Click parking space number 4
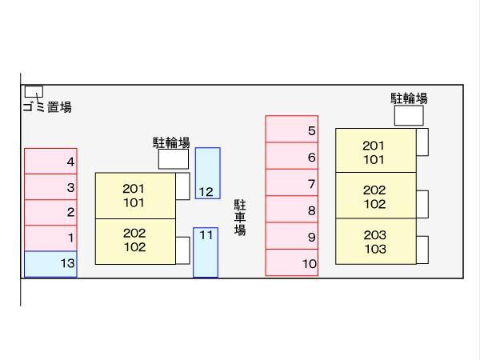50,161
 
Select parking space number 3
50,187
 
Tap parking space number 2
50,212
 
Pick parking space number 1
50,238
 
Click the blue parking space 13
50,263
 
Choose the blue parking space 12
207,173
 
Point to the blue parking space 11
206,252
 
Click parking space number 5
291,130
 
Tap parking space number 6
291,156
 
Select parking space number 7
291,182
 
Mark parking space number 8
291,210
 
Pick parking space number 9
291,236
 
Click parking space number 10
291,262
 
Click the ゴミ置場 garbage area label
47,107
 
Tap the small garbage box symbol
33,91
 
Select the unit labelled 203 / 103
375,242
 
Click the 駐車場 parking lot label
240,218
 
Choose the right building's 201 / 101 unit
374,152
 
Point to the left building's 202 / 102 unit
134,240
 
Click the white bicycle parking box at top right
409,115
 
